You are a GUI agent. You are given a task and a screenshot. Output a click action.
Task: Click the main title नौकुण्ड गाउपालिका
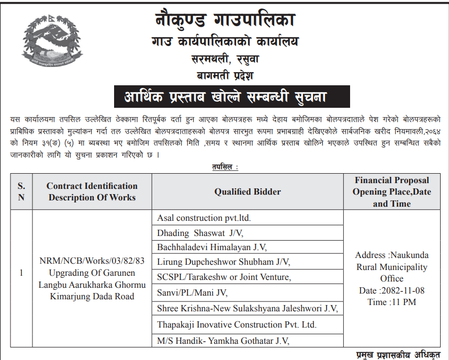pyautogui.click(x=225, y=20)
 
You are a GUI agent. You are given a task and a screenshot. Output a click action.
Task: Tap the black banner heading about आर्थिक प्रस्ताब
pyautogui.click(x=224, y=97)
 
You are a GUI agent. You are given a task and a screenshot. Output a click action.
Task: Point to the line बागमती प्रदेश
pyautogui.click(x=225, y=75)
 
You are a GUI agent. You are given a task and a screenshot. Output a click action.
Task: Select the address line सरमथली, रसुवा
pyautogui.click(x=225, y=59)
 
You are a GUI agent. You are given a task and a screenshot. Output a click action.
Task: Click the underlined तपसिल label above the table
pyautogui.click(x=225, y=167)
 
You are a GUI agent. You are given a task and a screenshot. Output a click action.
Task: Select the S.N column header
pyautogui.click(x=21, y=192)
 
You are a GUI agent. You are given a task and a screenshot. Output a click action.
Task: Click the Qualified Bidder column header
pyautogui.click(x=248, y=192)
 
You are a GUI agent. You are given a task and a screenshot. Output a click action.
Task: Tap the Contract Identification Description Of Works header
pyautogui.click(x=92, y=192)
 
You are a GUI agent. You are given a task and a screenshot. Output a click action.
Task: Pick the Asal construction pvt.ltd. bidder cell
pyautogui.click(x=208, y=218)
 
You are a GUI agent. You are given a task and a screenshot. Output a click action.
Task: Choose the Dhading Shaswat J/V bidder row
pyautogui.click(x=200, y=232)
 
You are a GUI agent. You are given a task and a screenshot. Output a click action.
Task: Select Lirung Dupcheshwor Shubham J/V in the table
pyautogui.click(x=223, y=262)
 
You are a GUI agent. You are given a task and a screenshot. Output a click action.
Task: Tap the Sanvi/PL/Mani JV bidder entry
pyautogui.click(x=193, y=293)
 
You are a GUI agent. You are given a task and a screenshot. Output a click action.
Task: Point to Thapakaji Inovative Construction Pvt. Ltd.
pyautogui.click(x=237, y=324)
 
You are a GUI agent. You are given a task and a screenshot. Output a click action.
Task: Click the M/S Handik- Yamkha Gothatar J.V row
pyautogui.click(x=223, y=341)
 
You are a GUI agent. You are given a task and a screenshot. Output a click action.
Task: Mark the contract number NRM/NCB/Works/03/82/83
pyautogui.click(x=92, y=261)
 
